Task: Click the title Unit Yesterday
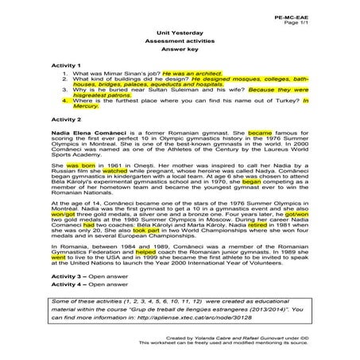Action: click(x=180, y=33)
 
